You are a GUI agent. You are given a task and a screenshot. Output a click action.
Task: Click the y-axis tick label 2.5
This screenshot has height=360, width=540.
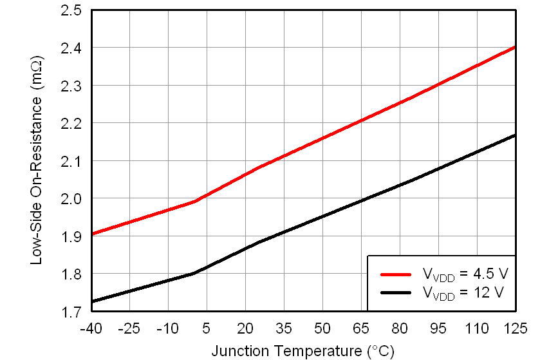pyautogui.click(x=71, y=11)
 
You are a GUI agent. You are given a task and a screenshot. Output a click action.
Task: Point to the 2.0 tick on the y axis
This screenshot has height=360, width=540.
pyautogui.click(x=71, y=199)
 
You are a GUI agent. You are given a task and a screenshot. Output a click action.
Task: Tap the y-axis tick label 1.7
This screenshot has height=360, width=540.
pyautogui.click(x=71, y=312)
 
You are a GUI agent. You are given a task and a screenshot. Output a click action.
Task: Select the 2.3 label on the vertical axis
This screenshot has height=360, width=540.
pyautogui.click(x=71, y=86)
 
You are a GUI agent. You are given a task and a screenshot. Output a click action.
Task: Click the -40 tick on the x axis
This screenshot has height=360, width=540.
pyautogui.click(x=91, y=328)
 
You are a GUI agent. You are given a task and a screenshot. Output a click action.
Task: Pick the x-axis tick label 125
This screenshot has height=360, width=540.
pyautogui.click(x=515, y=328)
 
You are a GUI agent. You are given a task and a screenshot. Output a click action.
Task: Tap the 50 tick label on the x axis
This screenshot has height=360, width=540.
pyautogui.click(x=322, y=328)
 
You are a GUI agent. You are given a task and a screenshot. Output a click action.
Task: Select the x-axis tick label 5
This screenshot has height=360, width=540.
pyautogui.click(x=207, y=328)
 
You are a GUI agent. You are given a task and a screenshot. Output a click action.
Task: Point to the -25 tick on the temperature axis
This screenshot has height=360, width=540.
pyautogui.click(x=129, y=328)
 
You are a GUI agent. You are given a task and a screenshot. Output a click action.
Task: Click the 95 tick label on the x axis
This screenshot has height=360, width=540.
pyautogui.click(x=438, y=328)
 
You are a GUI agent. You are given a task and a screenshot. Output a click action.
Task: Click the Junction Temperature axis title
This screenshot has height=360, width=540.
pyautogui.click(x=303, y=351)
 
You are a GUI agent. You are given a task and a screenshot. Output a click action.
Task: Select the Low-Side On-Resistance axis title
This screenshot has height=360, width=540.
pyautogui.click(x=37, y=161)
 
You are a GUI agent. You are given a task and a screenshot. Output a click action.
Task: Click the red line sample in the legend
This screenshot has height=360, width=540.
pyautogui.click(x=396, y=274)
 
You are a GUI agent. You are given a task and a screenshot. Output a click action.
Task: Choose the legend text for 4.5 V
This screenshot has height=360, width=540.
pyautogui.click(x=465, y=274)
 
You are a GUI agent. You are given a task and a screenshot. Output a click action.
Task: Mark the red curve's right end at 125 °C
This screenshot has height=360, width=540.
pyautogui.click(x=515, y=47)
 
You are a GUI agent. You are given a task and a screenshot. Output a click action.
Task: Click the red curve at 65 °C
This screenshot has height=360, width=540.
pyautogui.click(x=361, y=120)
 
